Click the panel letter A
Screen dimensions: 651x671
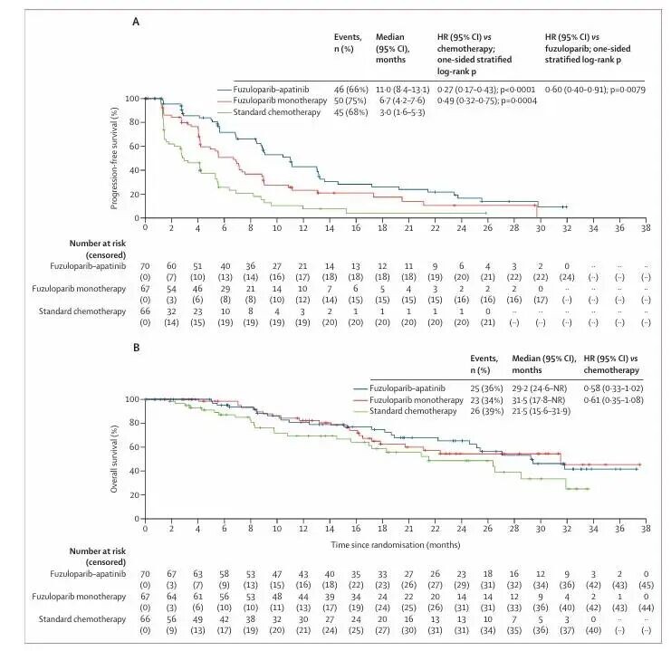pos(136,19)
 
